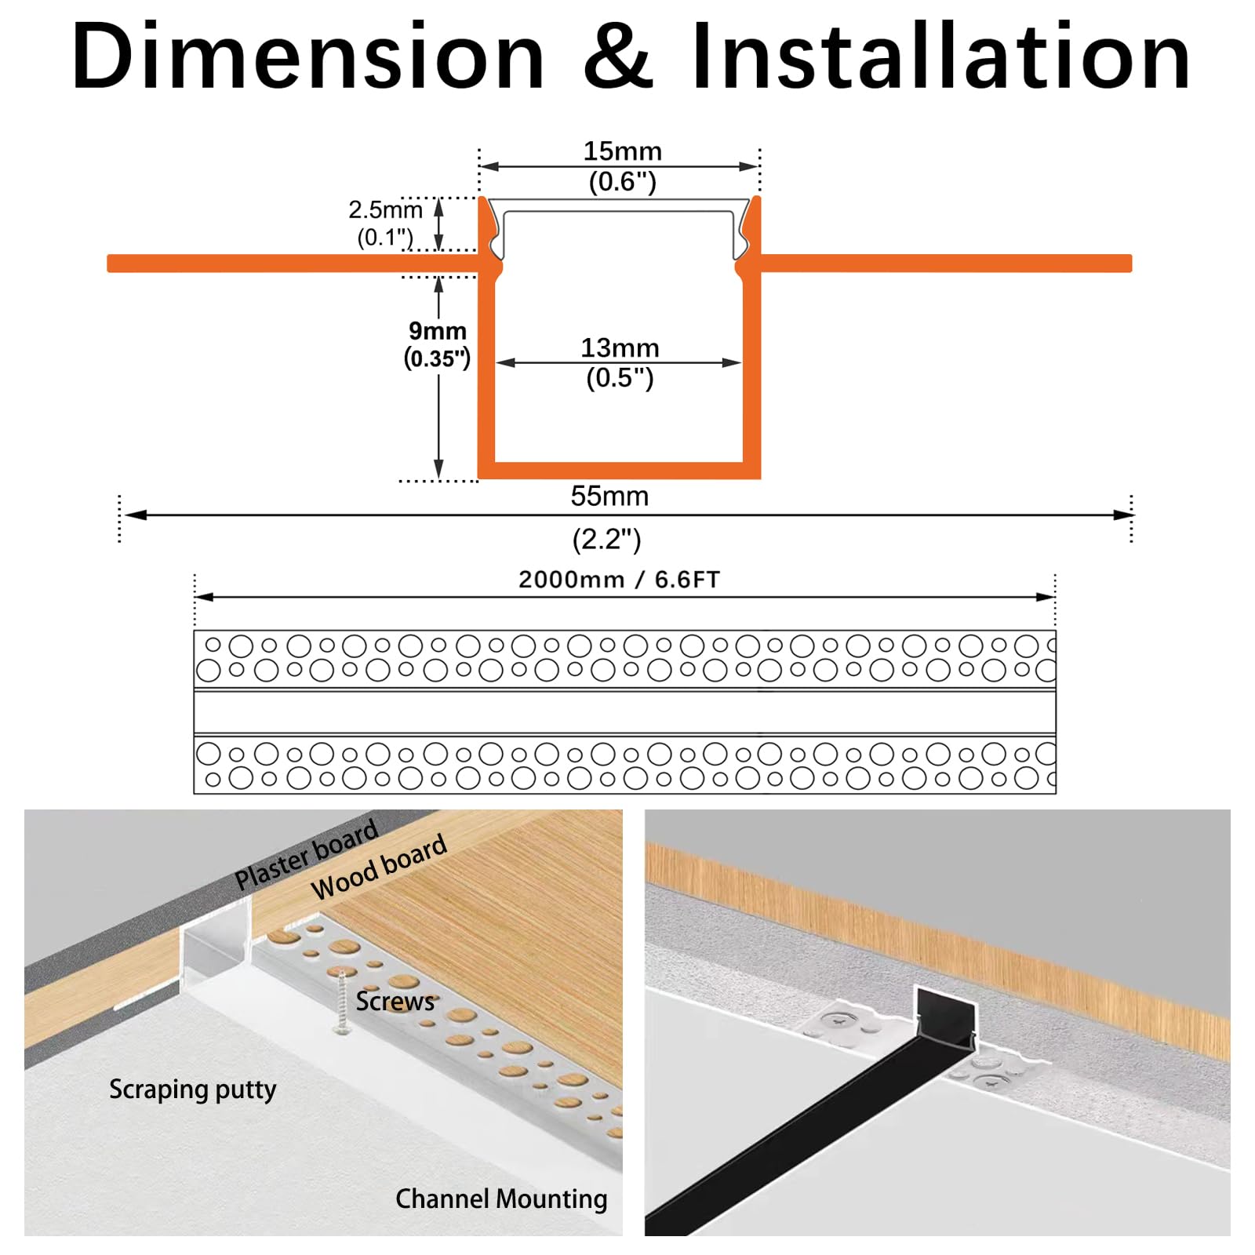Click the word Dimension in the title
[x=307, y=56]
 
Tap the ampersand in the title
[x=618, y=56]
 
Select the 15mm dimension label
[x=622, y=151]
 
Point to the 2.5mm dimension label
[x=385, y=209]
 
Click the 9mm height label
[x=437, y=330]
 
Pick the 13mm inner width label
[x=620, y=347]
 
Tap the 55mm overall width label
[x=609, y=496]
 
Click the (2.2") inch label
[x=606, y=539]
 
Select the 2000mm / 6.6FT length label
[x=619, y=580]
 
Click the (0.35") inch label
[x=437, y=358]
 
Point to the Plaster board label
[x=307, y=855]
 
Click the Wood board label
[x=379, y=867]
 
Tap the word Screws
[x=395, y=1002]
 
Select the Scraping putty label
[x=192, y=1089]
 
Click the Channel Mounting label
[x=501, y=1199]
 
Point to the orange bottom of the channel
[x=619, y=470]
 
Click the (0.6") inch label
[x=622, y=181]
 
